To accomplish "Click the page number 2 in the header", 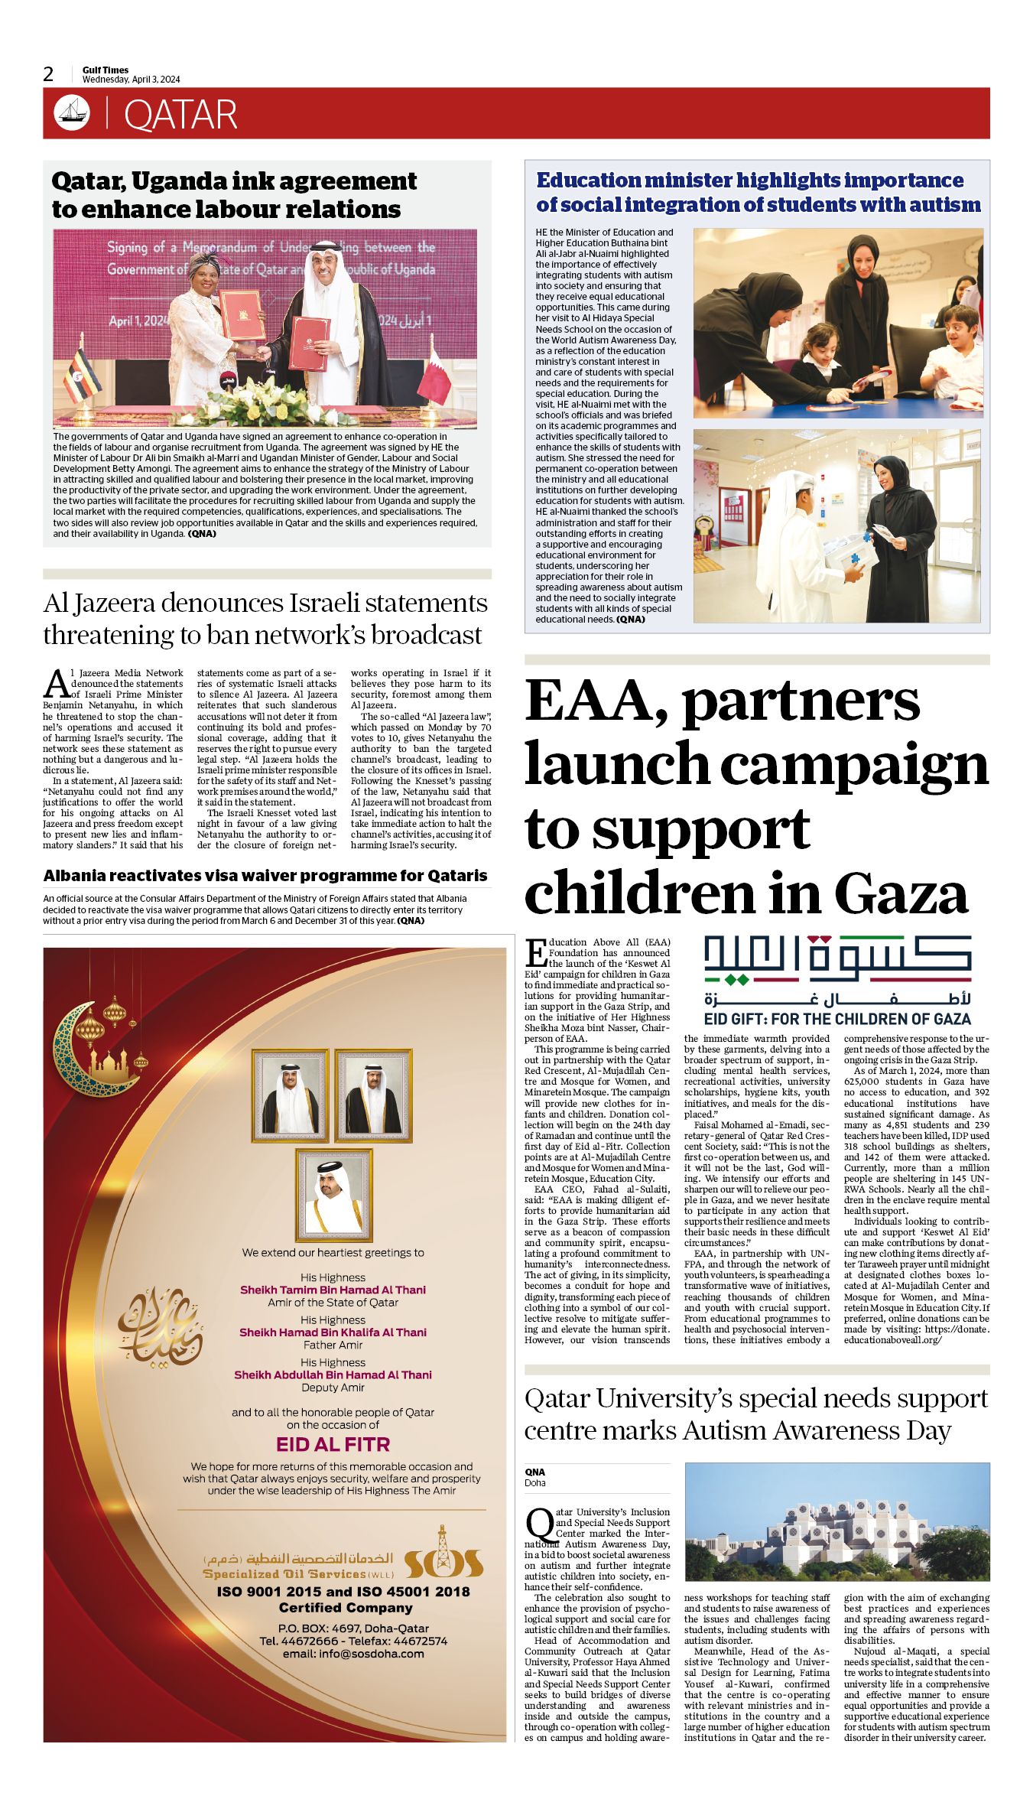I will coord(49,74).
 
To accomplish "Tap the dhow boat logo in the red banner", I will coord(72,113).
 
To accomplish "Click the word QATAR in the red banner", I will coord(180,115).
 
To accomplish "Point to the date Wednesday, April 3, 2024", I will coord(131,80).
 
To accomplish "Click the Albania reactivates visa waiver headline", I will coord(265,876).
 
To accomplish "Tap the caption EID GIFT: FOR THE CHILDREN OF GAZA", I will coord(837,1019).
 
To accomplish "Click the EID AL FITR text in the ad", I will coord(333,1445).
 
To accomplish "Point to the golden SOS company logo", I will coord(443,1564).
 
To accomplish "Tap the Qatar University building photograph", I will coord(836,1522).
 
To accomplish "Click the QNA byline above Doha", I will coord(534,1472).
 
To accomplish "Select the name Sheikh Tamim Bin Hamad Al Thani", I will coord(333,1290).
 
